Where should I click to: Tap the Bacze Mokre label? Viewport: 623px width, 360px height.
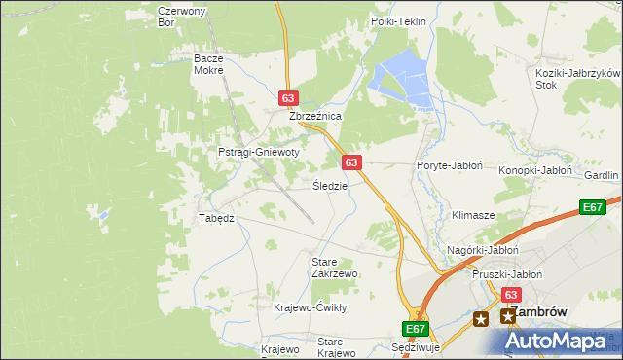point(208,64)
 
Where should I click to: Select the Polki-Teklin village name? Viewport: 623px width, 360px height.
point(399,20)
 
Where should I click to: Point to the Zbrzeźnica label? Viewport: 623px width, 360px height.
point(314,115)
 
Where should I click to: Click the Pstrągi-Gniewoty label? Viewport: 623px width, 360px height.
point(258,152)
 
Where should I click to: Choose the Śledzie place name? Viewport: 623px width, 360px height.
point(330,185)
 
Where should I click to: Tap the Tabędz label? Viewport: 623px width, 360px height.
point(217,218)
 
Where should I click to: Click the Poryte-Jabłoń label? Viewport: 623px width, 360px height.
point(450,165)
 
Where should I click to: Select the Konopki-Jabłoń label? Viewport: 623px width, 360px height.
point(535,170)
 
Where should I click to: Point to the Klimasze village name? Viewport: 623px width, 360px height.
point(474,214)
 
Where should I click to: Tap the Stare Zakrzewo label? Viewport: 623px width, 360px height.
point(334,268)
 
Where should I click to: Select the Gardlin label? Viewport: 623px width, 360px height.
point(602,175)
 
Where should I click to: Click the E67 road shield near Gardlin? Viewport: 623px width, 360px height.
point(593,207)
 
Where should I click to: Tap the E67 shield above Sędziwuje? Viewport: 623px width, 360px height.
point(415,330)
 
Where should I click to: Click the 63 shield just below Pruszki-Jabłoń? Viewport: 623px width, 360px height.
point(512,294)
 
